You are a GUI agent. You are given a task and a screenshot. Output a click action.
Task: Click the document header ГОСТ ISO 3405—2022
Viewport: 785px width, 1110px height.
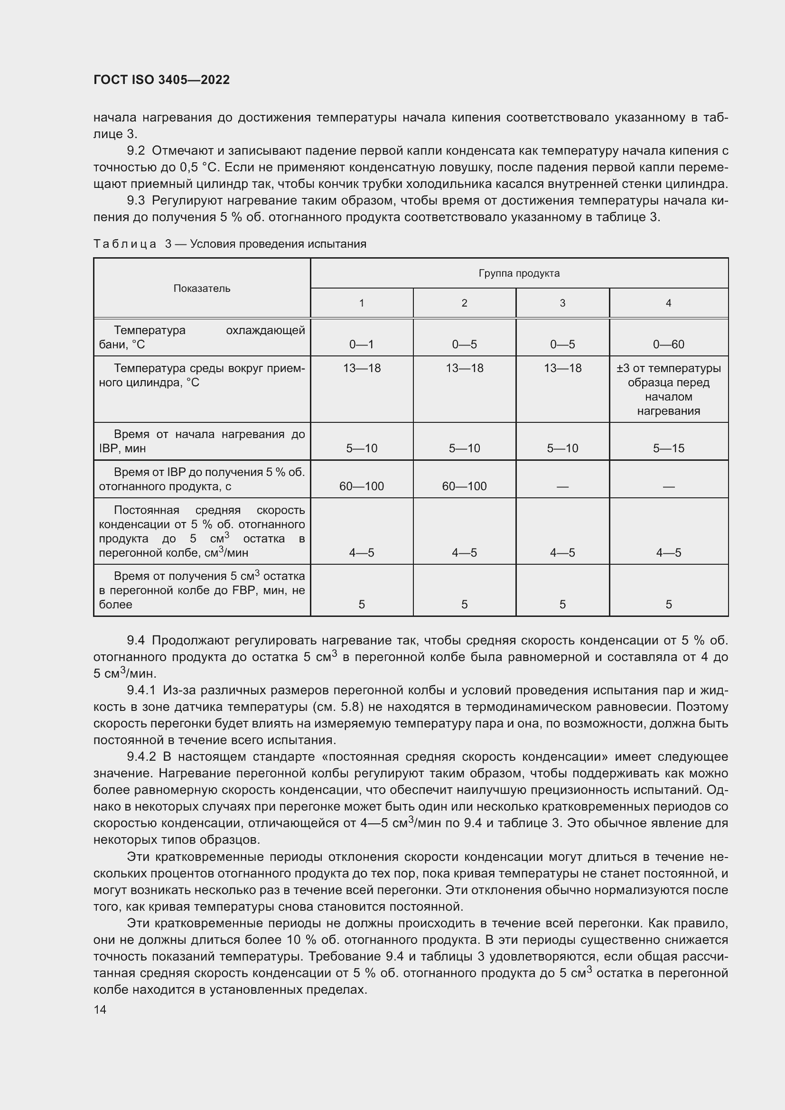coord(161,80)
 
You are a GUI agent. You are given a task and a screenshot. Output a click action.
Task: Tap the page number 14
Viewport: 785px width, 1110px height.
coord(100,1009)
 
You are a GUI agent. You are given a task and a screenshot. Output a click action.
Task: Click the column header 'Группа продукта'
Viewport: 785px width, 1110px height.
coord(519,273)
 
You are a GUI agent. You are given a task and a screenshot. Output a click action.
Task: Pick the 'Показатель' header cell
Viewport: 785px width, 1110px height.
coord(202,289)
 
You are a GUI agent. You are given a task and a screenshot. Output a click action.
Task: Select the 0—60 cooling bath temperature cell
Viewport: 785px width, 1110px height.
coord(668,344)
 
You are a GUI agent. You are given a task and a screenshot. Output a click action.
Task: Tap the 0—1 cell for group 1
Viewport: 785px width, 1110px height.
coord(361,344)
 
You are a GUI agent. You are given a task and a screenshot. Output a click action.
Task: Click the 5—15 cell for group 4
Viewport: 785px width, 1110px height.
coord(668,448)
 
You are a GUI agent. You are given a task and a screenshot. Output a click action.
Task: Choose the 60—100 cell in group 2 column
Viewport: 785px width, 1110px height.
coord(464,486)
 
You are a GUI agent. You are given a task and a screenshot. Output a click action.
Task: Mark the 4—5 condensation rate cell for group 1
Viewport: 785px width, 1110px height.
coord(361,552)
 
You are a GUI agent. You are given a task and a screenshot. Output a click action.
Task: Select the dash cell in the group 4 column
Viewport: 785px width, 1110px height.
coord(668,487)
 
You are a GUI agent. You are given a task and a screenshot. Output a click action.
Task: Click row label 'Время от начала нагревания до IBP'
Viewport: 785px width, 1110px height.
coord(202,441)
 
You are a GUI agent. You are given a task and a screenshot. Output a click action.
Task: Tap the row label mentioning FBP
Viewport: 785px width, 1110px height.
coord(202,590)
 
